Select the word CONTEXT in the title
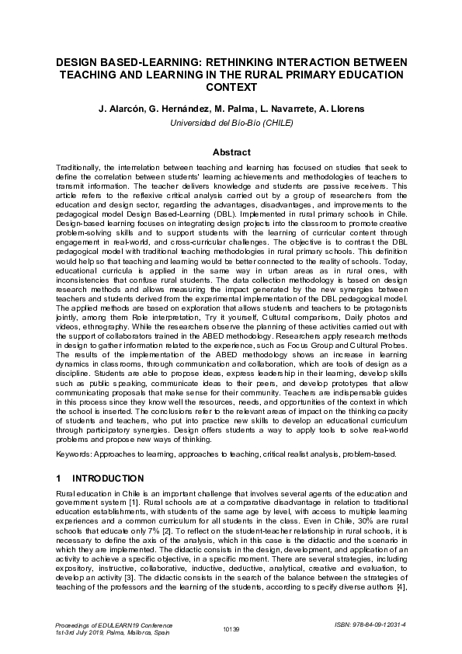coord(231,88)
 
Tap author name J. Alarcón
coord(122,110)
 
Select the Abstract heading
coord(231,152)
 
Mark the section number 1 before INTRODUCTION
coord(60,478)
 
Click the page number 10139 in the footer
coord(231,628)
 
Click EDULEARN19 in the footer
coord(109,624)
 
